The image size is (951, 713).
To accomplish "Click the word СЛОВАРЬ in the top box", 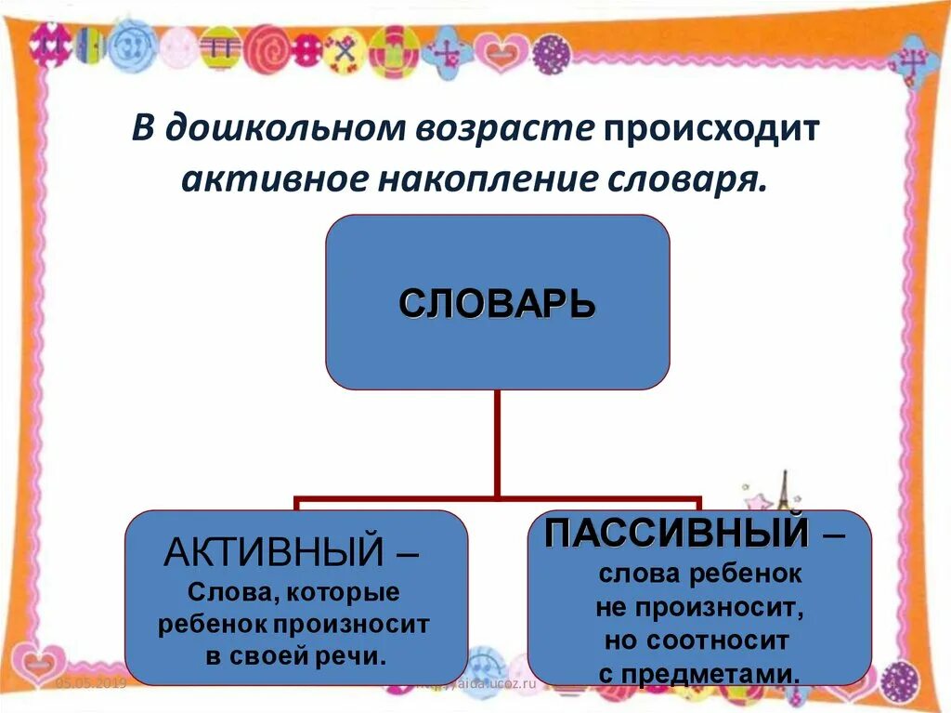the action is tap(497, 304).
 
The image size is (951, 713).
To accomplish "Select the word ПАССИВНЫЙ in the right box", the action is tap(675, 534).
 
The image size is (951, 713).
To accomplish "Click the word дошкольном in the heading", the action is tap(283, 128).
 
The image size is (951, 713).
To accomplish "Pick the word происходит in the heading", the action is tap(712, 128).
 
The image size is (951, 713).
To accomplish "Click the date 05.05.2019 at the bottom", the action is tap(90, 683).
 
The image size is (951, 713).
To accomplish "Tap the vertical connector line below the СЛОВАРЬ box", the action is tap(497, 442).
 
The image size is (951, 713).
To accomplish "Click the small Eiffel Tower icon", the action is tap(781, 491).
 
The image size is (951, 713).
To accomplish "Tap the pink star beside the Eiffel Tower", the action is tap(759, 501).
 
